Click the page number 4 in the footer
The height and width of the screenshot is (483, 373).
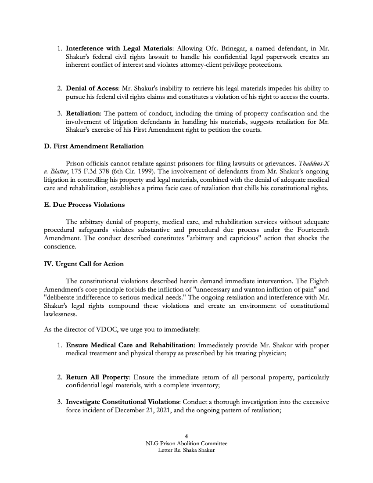pyautogui.click(x=186, y=436)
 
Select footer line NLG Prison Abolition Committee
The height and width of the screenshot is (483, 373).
pyautogui.click(x=186, y=444)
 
